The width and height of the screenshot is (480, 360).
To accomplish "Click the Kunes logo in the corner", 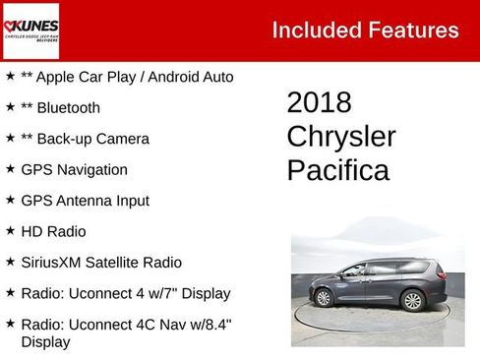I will (30, 30).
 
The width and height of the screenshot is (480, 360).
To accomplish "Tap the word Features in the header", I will (414, 30).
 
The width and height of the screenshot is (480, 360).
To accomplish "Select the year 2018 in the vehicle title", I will (319, 103).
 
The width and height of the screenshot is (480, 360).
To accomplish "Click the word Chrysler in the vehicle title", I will (340, 137).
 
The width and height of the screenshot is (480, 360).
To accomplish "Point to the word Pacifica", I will (337, 170).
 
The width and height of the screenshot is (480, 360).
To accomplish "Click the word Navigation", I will (91, 169).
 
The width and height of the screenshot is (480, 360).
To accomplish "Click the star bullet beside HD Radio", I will (10, 231).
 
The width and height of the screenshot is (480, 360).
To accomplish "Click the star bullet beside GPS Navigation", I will (10, 169).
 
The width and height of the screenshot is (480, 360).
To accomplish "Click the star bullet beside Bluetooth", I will (10, 107).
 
